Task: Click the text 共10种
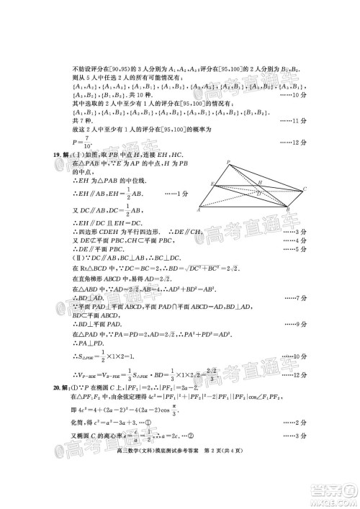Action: pyautogui.click(x=146, y=94)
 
